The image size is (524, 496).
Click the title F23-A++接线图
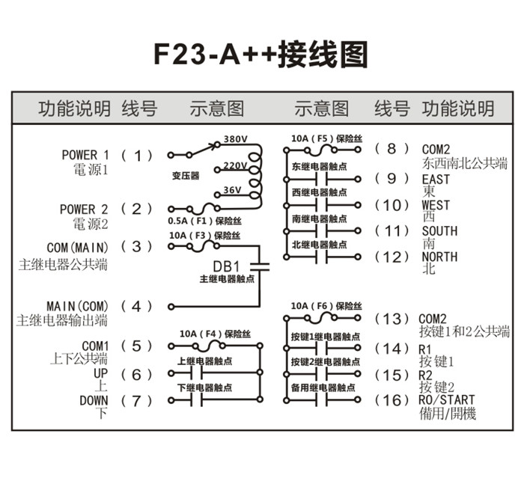[261, 55]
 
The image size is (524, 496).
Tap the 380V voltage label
[235, 140]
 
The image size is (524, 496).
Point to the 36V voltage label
[232, 190]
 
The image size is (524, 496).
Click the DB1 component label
[225, 265]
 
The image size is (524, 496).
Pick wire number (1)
[136, 156]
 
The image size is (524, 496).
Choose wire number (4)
[136, 306]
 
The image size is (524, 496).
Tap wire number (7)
[136, 400]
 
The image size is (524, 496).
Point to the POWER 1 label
[85, 155]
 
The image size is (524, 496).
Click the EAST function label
[436, 180]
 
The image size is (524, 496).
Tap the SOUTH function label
[439, 231]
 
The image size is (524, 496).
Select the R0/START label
[448, 400]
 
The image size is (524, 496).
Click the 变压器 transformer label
[185, 176]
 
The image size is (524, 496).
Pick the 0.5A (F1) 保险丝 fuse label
[204, 221]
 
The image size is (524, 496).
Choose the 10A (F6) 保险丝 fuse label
[326, 306]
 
